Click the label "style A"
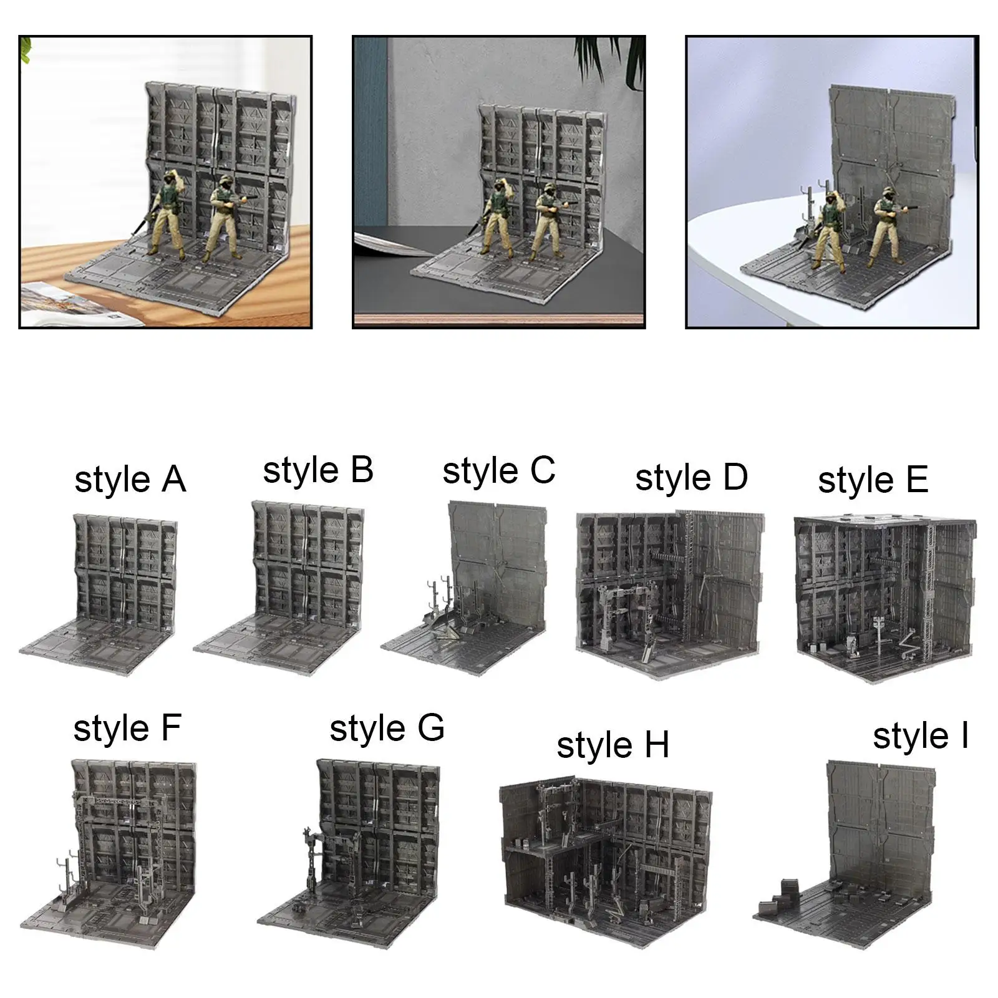(130, 480)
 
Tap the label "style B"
(318, 471)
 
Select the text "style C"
(498, 472)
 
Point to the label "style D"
(691, 478)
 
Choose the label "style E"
(873, 481)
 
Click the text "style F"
(127, 729)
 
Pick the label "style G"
(387, 729)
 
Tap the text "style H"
(613, 745)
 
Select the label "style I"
(921, 737)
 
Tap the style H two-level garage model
(605, 865)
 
